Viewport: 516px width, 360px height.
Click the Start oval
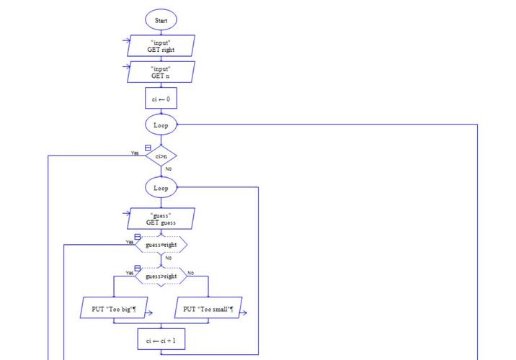(161, 21)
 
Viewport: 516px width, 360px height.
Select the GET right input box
(161, 46)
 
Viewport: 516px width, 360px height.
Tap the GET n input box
(161, 71)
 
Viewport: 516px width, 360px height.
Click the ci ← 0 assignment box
(161, 99)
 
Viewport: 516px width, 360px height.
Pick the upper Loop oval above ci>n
(161, 125)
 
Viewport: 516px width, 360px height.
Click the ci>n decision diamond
(161, 156)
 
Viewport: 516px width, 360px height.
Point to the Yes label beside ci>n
(135, 153)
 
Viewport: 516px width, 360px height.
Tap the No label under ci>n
(168, 168)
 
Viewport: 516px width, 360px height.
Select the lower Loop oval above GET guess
(161, 188)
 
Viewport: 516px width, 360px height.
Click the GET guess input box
(161, 219)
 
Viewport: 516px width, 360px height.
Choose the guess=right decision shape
(161, 245)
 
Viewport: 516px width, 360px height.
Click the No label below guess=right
(168, 258)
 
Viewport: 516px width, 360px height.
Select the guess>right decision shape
(161, 276)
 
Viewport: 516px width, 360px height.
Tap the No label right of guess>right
(191, 273)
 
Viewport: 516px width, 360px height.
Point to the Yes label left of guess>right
(130, 273)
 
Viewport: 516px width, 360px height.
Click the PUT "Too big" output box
(114, 310)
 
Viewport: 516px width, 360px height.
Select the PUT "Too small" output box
(208, 310)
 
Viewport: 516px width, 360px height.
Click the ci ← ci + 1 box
(161, 340)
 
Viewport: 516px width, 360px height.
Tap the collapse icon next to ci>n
(148, 148)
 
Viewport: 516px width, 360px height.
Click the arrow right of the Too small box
(244, 312)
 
